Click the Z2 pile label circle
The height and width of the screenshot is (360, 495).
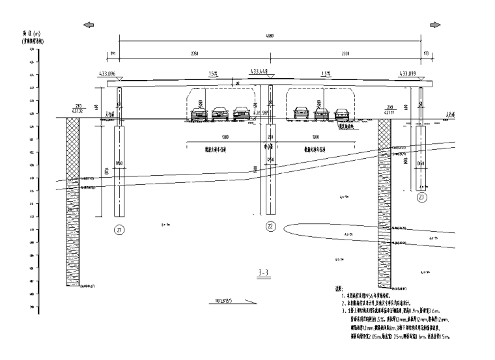pos(271,226)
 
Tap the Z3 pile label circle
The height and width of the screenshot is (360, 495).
pos(422,197)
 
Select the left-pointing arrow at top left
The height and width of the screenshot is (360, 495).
pos(87,24)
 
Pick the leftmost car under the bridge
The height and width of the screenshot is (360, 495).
pos(199,115)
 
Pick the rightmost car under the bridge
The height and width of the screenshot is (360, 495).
pos(341,115)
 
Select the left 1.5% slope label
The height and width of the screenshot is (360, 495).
pos(213,74)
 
